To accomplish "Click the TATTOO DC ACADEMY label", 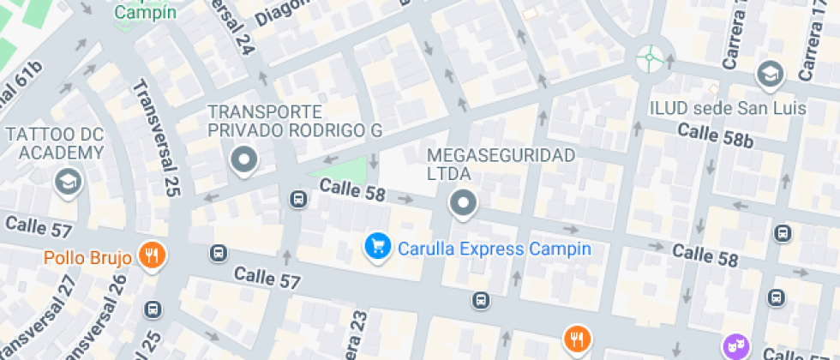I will click(55, 144).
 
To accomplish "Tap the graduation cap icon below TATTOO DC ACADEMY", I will click(66, 181).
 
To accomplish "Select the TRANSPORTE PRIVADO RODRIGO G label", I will click(294, 121).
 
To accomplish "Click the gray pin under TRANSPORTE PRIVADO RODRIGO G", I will click(244, 159).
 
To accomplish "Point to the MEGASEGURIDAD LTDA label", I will click(501, 164).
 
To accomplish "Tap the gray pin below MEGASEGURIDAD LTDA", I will click(463, 203).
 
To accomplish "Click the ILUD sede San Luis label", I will click(727, 109).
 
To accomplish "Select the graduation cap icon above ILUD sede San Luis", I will click(770, 75).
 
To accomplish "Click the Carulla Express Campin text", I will click(494, 249).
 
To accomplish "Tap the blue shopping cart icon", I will click(376, 247).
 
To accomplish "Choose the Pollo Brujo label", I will click(87, 257).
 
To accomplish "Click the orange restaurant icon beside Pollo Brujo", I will click(153, 255).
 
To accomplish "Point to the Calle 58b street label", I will click(715, 135).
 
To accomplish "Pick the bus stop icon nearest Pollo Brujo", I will click(219, 254).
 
